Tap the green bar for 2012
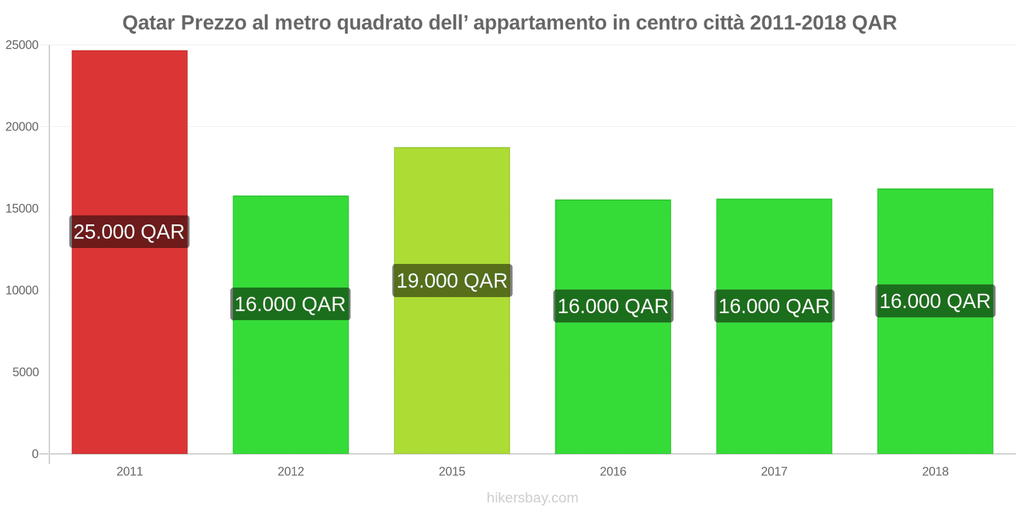coord(290,382)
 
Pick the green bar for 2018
coord(935,382)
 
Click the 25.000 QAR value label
coord(129,231)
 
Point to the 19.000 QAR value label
coord(452,280)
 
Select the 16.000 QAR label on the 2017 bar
coord(774,306)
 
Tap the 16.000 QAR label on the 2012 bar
coord(290,304)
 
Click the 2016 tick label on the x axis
coord(613,472)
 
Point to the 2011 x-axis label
coord(129,472)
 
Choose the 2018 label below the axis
coord(935,472)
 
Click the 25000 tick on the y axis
coord(22,45)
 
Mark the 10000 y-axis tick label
coord(22,291)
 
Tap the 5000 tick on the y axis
coord(25,372)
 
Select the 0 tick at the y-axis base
coord(35,454)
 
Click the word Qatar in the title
coord(148,23)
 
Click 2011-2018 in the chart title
coord(798,23)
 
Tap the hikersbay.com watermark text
coord(532,498)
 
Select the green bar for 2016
coord(613,382)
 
